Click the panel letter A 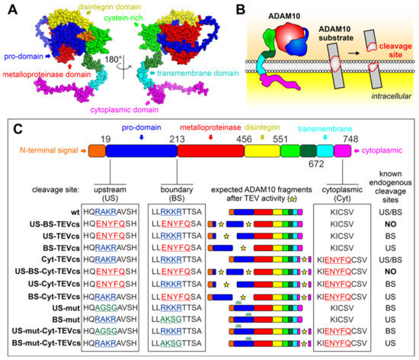pyautogui.click(x=8, y=8)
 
